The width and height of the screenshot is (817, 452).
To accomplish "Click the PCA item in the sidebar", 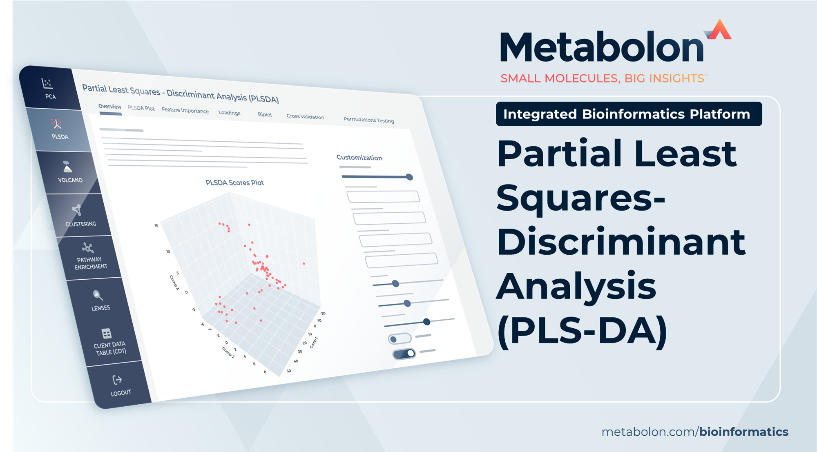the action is (49, 88).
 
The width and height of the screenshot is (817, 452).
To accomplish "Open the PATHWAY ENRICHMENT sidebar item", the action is (89, 257).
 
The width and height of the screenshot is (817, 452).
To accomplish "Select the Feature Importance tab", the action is (185, 111).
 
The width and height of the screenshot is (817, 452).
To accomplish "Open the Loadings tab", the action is (229, 113).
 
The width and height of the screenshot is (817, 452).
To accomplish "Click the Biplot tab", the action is (265, 115).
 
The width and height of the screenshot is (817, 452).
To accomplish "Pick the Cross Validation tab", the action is (305, 117).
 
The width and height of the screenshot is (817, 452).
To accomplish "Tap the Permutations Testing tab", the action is (368, 120).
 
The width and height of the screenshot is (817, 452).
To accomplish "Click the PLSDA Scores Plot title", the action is (234, 183).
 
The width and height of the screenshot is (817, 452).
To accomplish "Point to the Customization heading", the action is (359, 158).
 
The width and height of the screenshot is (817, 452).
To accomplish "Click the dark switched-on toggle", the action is (404, 354).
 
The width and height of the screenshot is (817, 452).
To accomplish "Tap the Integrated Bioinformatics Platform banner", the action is (629, 114).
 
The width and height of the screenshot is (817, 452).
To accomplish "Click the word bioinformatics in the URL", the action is (744, 432).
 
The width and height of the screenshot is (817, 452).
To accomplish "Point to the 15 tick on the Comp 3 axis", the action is (156, 226).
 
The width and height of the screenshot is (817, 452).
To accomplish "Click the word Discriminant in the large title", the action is (621, 242).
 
